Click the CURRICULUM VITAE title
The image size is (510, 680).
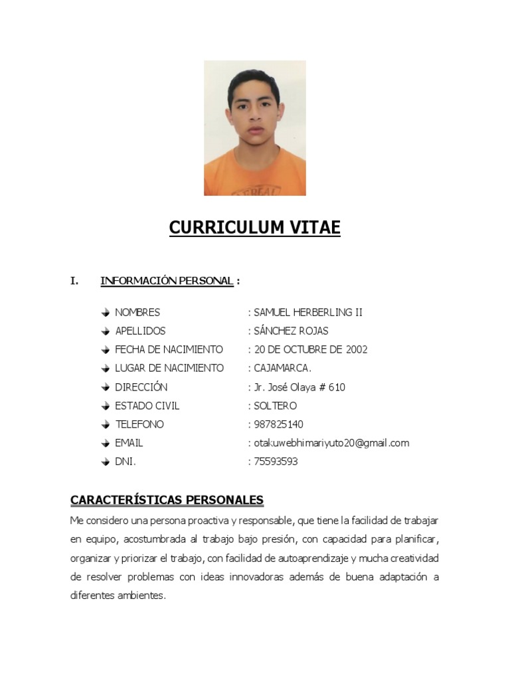tap(254, 228)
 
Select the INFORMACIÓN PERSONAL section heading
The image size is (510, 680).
tap(167, 281)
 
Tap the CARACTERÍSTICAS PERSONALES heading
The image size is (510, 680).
tap(167, 500)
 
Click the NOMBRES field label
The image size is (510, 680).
tap(137, 312)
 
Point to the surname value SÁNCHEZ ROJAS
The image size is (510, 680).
tap(291, 331)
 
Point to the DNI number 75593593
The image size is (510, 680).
tap(276, 462)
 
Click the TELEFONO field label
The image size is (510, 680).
tap(139, 424)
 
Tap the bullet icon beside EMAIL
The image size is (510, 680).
tap(106, 444)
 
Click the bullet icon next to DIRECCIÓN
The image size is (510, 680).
tap(106, 388)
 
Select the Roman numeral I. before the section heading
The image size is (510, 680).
tap(74, 281)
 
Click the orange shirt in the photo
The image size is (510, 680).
tap(254, 176)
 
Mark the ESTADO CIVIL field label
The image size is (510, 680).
tap(147, 406)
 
